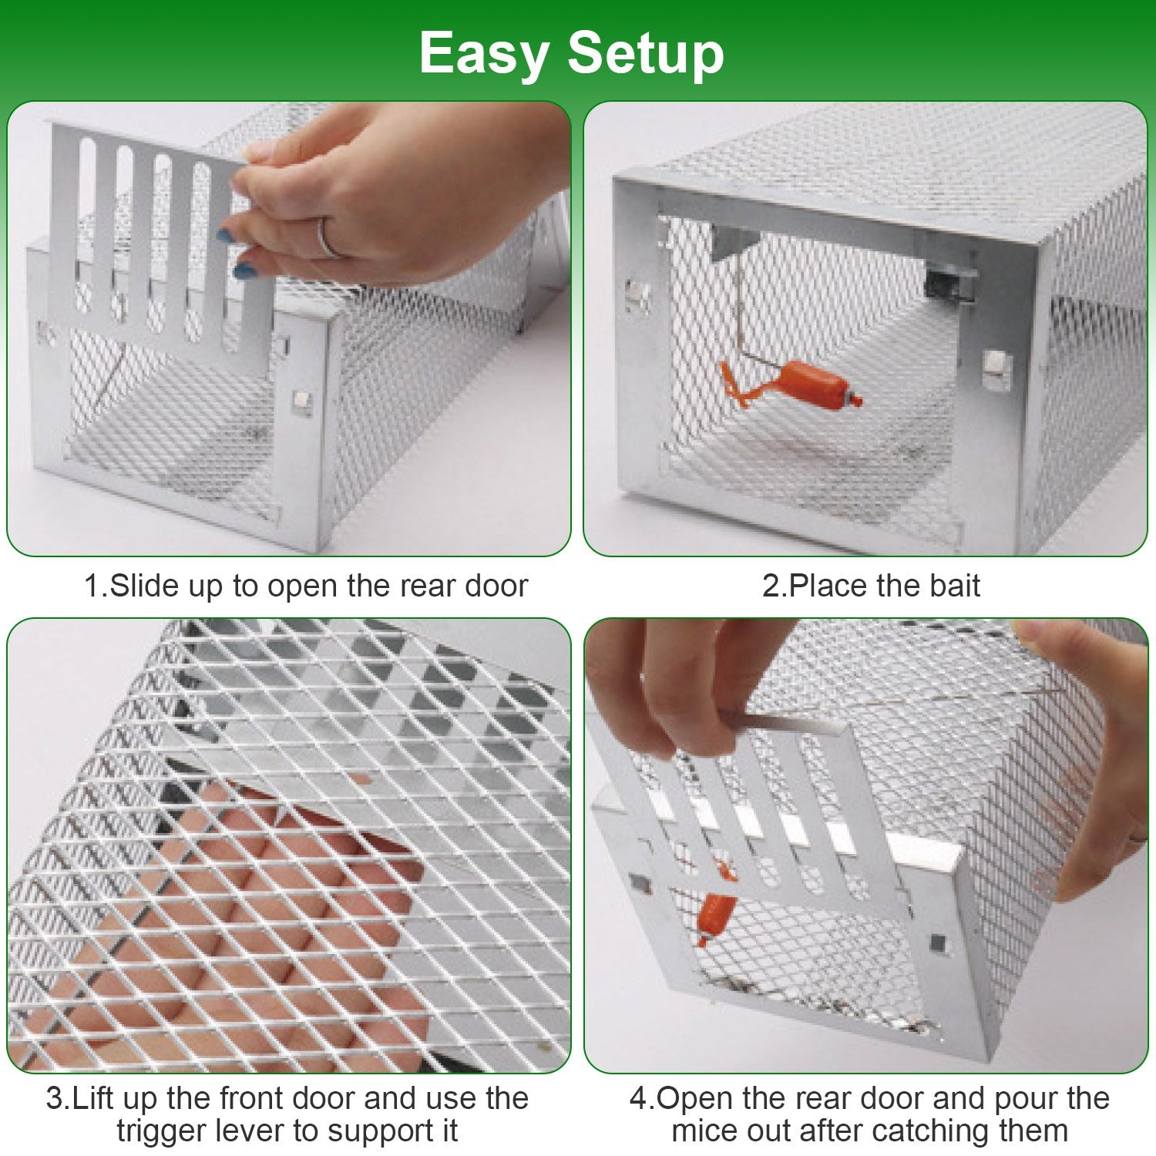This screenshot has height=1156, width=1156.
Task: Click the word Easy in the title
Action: [483, 54]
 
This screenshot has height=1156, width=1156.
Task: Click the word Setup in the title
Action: [646, 54]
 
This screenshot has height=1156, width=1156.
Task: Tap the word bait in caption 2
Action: [954, 586]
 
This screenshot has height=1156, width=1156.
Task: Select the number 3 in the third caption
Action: [54, 1098]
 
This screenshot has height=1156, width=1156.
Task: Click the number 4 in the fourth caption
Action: [638, 1098]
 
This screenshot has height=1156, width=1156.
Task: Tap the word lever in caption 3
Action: [253, 1131]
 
